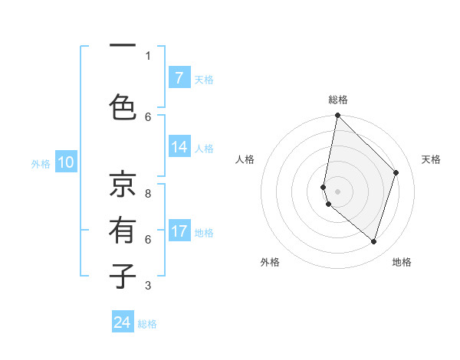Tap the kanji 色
point(122,106)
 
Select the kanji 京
point(122,184)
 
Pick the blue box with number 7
point(179,78)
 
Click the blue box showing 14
point(179,147)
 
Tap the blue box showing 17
point(179,231)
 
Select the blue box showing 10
point(65,162)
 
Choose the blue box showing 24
point(123,323)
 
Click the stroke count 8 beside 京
point(149,194)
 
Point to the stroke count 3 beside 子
point(149,286)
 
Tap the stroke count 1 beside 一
point(149,55)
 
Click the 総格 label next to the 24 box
point(147,324)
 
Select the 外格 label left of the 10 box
point(41,163)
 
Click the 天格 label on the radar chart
point(432,159)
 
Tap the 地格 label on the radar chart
point(402,262)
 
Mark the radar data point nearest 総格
point(337,116)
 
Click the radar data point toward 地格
point(373,241)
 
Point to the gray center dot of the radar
point(337,191)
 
